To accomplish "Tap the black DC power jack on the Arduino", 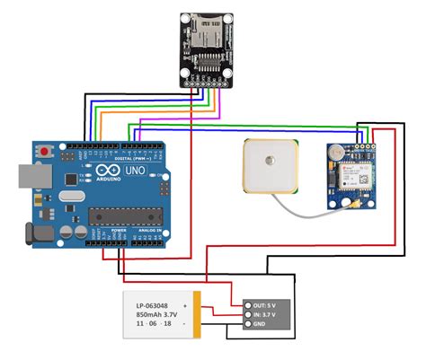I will (x=36, y=235).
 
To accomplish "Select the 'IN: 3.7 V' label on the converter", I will (x=270, y=315).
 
